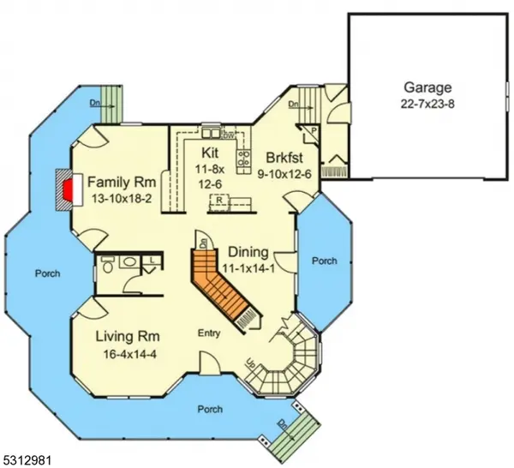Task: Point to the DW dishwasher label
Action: coord(229,135)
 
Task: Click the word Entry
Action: coord(212,333)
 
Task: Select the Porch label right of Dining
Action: coord(325,261)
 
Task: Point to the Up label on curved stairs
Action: coord(250,363)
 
